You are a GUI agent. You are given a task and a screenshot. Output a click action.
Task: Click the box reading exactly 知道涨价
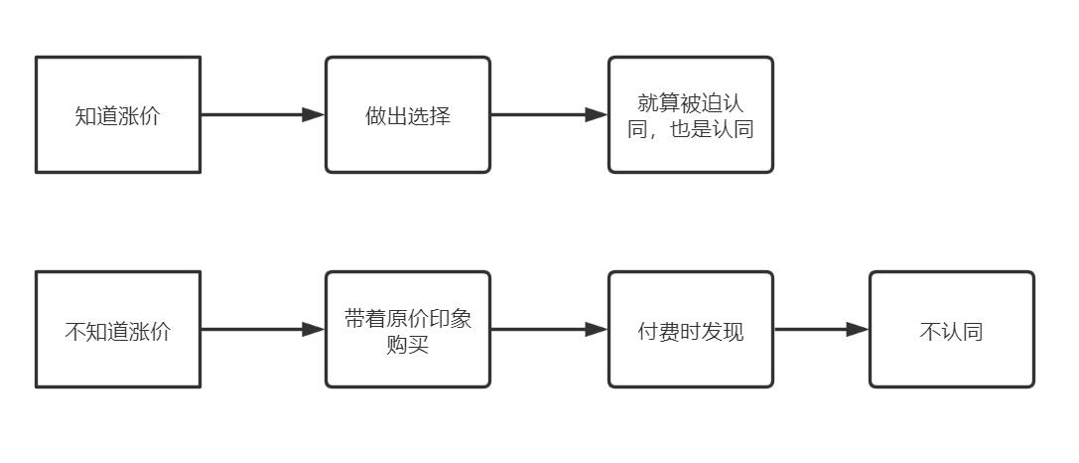click(x=118, y=114)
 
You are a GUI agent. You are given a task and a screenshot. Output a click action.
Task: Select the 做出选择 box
click(x=408, y=114)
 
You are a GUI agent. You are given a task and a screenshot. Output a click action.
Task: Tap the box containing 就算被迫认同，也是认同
click(x=690, y=114)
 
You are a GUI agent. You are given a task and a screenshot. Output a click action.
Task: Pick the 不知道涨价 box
click(x=118, y=330)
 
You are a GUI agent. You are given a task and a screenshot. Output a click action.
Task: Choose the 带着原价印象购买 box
click(x=408, y=330)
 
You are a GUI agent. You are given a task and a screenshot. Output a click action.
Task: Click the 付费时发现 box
click(x=690, y=330)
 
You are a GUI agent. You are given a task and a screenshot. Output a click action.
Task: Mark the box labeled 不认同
click(x=951, y=330)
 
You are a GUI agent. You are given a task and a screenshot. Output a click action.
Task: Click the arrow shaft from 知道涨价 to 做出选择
click(x=253, y=114)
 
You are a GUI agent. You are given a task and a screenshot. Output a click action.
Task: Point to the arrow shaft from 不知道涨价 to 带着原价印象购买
click(x=253, y=330)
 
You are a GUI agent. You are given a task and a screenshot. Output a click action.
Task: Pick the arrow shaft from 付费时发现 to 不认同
click(x=810, y=330)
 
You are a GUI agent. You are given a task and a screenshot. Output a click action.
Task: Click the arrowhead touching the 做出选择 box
click(x=314, y=114)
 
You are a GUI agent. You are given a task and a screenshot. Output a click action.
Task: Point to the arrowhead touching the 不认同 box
click(x=858, y=330)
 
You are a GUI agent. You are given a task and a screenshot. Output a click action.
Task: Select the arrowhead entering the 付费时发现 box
click(x=597, y=330)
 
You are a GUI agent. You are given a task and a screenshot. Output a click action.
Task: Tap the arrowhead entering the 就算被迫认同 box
click(x=597, y=114)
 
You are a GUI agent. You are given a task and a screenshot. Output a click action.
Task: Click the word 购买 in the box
click(x=408, y=346)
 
